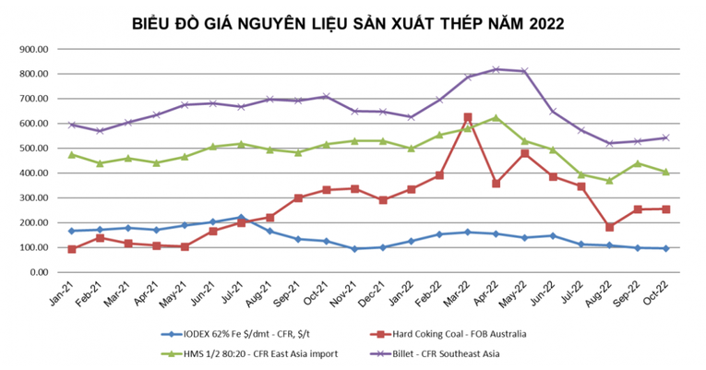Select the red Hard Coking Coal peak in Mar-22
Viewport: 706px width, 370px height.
468,117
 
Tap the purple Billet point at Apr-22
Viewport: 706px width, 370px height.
497,69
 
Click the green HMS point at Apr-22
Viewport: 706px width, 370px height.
497,117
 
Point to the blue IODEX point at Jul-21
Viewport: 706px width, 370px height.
240,218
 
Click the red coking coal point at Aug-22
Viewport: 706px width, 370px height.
610,227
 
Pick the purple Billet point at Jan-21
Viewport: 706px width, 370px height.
71,125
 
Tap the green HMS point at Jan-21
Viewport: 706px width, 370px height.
71,154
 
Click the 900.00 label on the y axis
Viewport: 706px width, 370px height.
35,49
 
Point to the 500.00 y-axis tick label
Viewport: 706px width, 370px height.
35,149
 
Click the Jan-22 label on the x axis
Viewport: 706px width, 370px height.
406,294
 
